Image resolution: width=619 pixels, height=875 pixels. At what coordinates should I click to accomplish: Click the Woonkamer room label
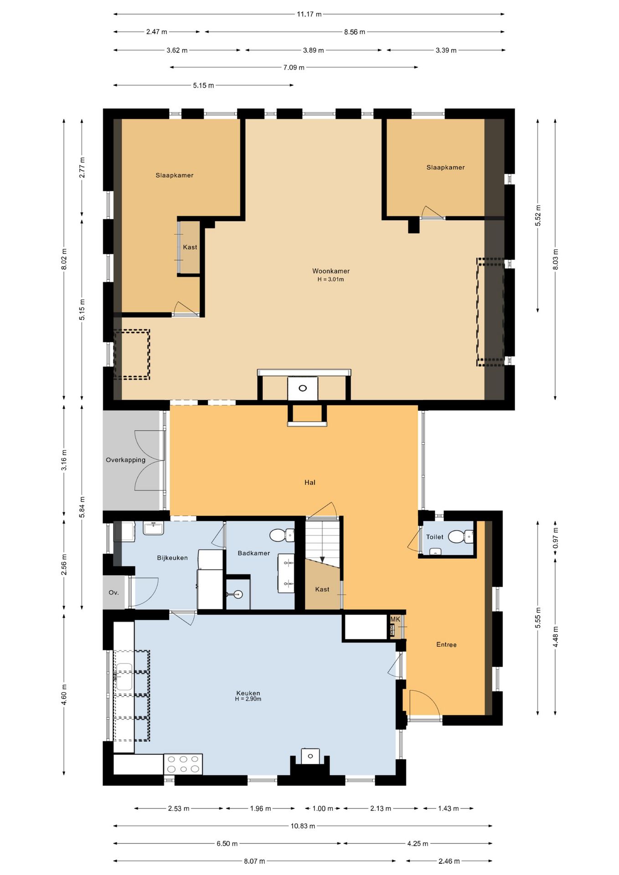[331, 271]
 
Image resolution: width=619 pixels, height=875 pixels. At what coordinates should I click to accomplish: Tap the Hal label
[310, 483]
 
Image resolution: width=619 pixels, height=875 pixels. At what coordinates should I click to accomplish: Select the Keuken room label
[248, 693]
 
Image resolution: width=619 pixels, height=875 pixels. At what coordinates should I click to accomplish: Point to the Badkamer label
[254, 553]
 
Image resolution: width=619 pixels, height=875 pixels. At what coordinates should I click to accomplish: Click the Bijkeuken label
[172, 558]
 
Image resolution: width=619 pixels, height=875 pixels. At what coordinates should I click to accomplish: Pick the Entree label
[446, 645]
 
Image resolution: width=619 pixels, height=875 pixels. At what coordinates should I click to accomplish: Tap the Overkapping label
[126, 460]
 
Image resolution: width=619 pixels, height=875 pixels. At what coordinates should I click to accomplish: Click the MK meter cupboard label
[395, 619]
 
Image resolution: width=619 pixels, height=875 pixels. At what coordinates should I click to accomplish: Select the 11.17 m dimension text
[309, 14]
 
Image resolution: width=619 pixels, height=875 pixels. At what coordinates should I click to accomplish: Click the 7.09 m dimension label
[294, 67]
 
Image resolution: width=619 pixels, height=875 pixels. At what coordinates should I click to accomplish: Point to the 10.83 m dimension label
[303, 826]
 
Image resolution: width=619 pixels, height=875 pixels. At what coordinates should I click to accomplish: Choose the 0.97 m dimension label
[556, 538]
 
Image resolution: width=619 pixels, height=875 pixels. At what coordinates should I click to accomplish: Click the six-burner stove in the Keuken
[183, 764]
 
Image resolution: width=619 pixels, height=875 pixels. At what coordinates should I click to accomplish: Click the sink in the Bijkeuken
[154, 528]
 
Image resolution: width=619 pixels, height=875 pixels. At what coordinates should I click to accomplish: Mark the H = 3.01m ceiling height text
[331, 280]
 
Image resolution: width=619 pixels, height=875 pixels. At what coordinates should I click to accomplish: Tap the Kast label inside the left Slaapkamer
[190, 247]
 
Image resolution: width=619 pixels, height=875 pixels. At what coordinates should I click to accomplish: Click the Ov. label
[113, 593]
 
